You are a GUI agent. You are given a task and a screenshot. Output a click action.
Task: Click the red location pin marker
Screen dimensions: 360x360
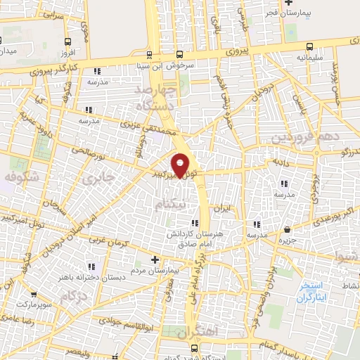click(181, 165)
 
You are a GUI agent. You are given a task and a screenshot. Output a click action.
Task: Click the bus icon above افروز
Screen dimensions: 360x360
click(67, 42)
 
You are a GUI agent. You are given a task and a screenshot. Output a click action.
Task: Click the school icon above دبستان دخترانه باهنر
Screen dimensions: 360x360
click(92, 266)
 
